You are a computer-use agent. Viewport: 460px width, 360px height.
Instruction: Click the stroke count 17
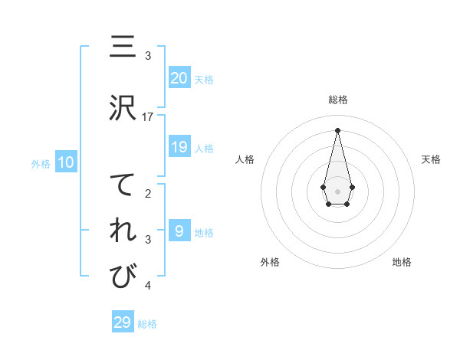point(149,116)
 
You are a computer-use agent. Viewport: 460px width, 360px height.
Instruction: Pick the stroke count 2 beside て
point(149,194)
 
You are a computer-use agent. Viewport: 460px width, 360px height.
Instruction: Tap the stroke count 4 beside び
point(149,286)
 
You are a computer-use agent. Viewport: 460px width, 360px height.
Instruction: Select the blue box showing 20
point(179,77)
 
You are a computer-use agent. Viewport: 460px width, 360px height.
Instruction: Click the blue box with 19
point(179,147)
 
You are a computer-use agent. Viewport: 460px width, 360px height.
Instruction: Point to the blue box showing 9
point(179,231)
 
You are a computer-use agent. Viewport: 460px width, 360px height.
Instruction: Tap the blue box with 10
point(66,162)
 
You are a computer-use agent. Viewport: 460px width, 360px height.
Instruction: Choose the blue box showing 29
point(123,322)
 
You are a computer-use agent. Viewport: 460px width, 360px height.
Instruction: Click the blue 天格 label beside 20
point(204,79)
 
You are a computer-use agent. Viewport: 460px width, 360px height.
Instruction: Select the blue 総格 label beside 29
point(147,324)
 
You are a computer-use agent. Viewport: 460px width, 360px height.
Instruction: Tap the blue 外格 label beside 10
point(41,163)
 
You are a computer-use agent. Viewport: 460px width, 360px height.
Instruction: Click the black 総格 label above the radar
point(337,100)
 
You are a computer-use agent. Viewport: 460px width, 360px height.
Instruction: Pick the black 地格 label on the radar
point(402,262)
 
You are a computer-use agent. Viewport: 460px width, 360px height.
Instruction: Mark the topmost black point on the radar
point(337,129)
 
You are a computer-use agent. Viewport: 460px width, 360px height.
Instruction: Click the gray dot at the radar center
point(337,190)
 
